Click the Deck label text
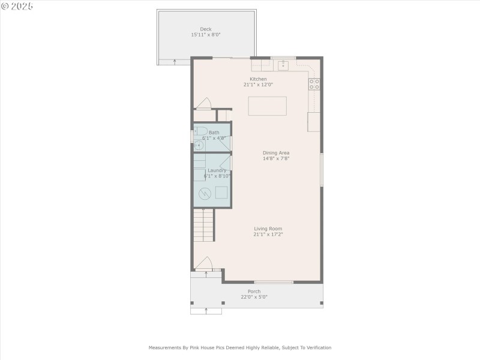pos(206,29)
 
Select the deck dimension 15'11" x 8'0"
pos(206,35)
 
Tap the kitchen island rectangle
pos(268,106)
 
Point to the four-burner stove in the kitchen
pos(314,84)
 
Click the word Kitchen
pos(258,79)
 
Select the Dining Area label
pos(276,153)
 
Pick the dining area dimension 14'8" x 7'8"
pos(276,159)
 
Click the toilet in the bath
pos(201,131)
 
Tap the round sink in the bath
pos(199,145)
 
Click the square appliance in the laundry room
pos(221,193)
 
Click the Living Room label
pos(268,229)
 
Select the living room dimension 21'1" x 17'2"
pos(268,235)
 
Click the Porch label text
pos(254,292)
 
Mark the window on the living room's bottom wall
pos(274,282)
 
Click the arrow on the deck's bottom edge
pos(175,61)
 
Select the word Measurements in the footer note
pos(166,347)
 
